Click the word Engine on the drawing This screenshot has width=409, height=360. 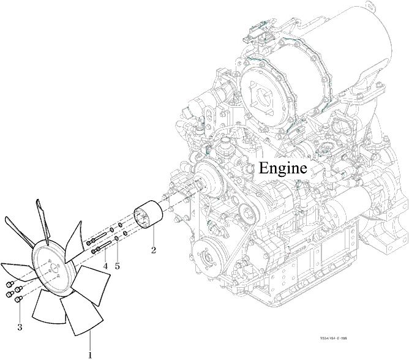[x=282, y=168]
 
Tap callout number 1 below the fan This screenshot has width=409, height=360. [x=90, y=354]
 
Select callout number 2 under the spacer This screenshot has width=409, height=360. [x=154, y=249]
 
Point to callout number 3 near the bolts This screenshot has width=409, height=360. [x=20, y=327]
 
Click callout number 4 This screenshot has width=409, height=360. [x=105, y=266]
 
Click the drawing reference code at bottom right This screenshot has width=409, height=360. [x=337, y=337]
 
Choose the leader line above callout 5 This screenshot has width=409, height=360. [x=117, y=251]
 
